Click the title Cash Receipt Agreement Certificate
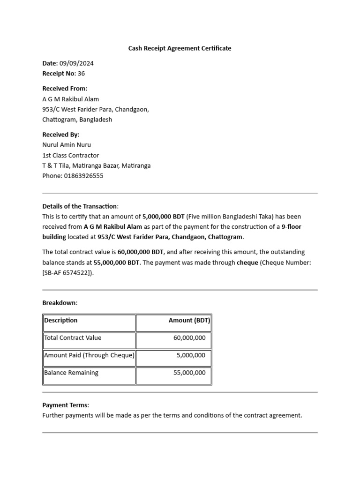tap(180, 48)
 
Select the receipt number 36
tap(81, 74)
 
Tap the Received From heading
tap(65, 89)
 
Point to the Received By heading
tap(61, 135)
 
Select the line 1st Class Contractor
tap(71, 155)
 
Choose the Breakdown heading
tap(60, 303)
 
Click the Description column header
tap(61, 321)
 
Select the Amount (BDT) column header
tap(189, 321)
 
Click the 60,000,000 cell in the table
tap(189, 338)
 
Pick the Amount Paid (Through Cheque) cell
tap(89, 355)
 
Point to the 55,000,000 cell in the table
tap(189, 373)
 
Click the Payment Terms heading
tap(66, 405)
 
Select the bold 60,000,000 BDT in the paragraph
tap(141, 252)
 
